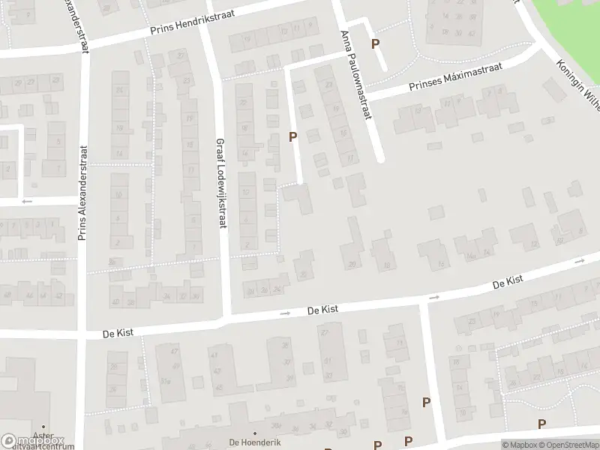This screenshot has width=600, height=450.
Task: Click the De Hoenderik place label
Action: tap(255, 442)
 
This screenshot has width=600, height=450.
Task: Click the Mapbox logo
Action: tap(33, 441)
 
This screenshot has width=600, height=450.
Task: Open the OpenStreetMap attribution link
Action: tap(567, 445)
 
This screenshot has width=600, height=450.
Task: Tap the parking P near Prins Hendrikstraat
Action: tap(375, 44)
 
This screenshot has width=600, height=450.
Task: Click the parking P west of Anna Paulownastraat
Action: tap(293, 136)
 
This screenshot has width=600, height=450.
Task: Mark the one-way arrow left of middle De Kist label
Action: tap(284, 313)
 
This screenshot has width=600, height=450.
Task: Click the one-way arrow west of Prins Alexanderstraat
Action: tap(27, 201)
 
